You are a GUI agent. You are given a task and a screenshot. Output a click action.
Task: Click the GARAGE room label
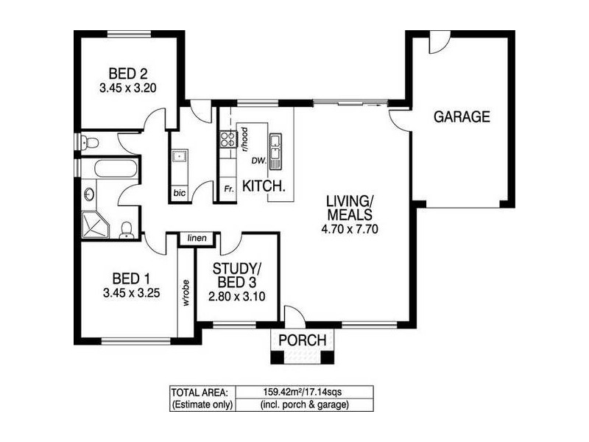pyautogui.click(x=462, y=116)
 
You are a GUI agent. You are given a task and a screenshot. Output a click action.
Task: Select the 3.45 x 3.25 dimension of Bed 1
pyautogui.click(x=131, y=292)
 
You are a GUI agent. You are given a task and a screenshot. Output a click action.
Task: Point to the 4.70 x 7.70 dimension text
pyautogui.click(x=350, y=229)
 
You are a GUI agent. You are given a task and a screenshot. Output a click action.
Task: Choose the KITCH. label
pyautogui.click(x=264, y=186)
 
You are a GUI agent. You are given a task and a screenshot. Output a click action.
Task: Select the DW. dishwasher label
pyautogui.click(x=258, y=160)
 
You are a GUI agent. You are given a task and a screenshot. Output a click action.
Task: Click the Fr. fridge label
pyautogui.click(x=228, y=190)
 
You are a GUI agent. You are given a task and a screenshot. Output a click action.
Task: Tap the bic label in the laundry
pyautogui.click(x=179, y=193)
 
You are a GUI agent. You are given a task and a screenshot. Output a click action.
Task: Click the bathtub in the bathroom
pyautogui.click(x=116, y=168)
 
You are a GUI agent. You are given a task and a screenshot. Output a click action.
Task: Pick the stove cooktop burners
pyautogui.click(x=227, y=140)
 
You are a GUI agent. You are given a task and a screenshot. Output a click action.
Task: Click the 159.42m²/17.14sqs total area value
pyautogui.click(x=303, y=392)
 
